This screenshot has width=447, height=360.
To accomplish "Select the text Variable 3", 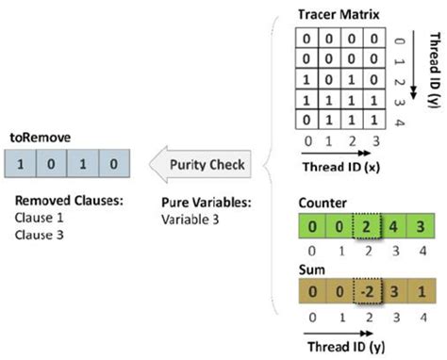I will [193, 218].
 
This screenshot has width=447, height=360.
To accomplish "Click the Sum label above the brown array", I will [309, 270].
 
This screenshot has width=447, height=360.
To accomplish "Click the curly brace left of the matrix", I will [273, 165].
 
